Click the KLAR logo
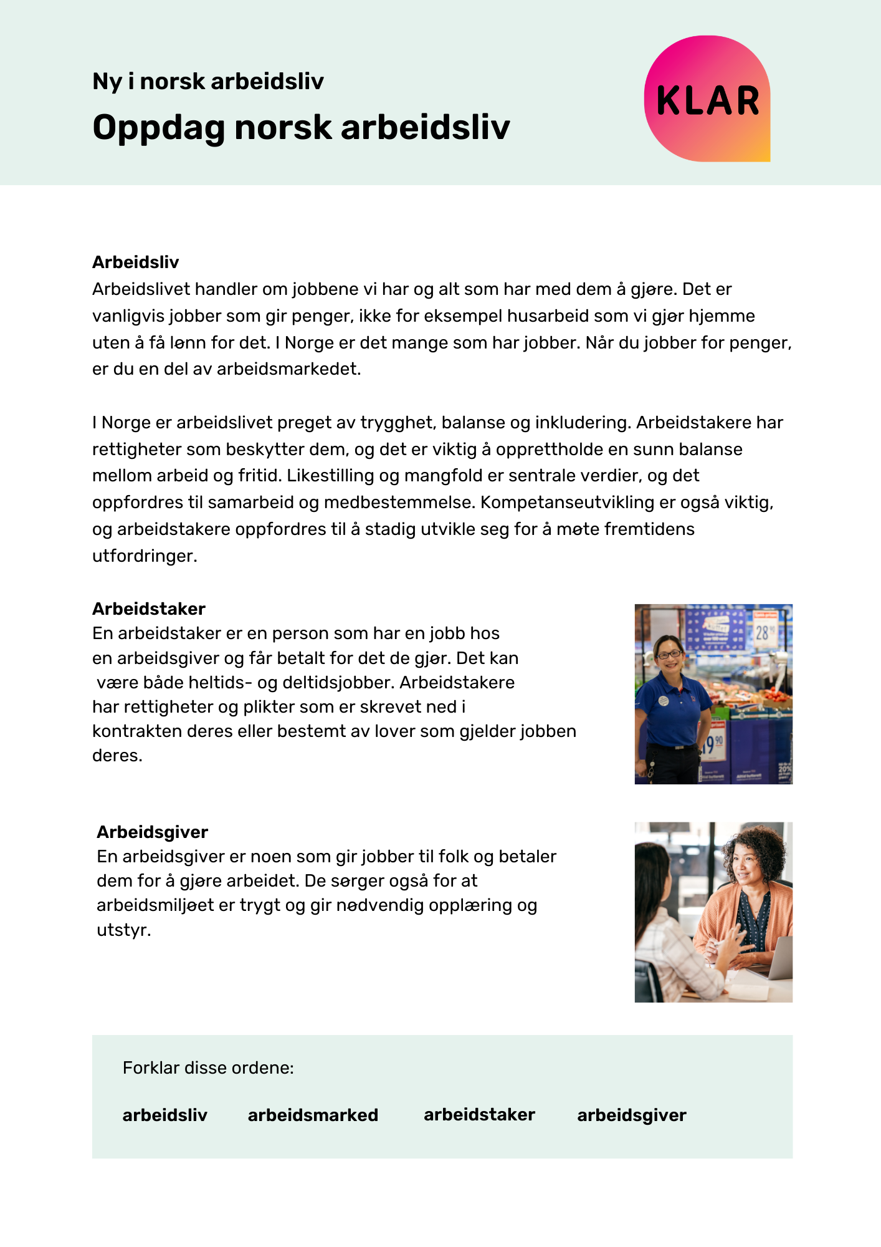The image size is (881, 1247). tap(707, 99)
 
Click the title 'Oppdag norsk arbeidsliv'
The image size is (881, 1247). tap(301, 128)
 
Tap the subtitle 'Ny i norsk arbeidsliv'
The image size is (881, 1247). tap(208, 81)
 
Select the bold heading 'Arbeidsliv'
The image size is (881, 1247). tap(135, 262)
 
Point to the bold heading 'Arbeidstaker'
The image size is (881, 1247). tap(148, 609)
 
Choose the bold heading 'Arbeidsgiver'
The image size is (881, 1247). tap(152, 832)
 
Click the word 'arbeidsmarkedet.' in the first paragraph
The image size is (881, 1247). tap(289, 369)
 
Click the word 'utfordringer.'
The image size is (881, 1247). tap(145, 556)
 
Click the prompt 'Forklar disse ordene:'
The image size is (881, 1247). tap(208, 1068)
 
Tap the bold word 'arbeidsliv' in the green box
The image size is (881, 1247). tap(164, 1115)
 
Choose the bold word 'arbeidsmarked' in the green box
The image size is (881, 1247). tap(313, 1115)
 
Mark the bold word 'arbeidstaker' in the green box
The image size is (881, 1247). tap(479, 1114)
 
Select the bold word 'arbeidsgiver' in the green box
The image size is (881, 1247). tap(631, 1115)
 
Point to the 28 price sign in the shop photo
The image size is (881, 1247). tap(764, 632)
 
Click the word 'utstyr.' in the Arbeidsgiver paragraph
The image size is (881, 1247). tap(123, 930)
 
